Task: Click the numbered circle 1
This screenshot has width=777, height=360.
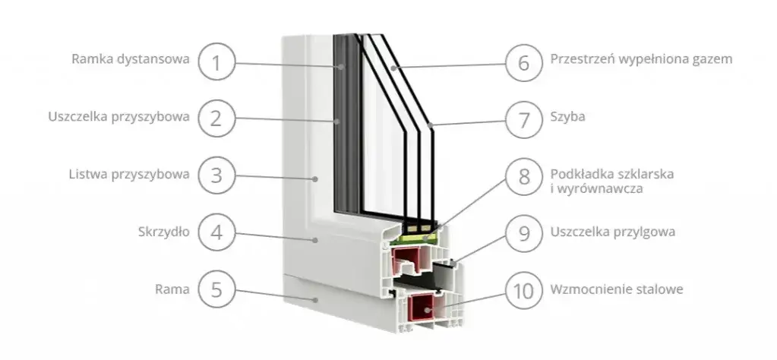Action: pos(216,60)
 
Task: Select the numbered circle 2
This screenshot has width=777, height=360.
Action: pos(216,118)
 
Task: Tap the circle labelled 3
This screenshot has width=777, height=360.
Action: pos(216,175)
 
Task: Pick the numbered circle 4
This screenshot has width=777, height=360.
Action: pos(216,232)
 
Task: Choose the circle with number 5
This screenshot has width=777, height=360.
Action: pos(216,289)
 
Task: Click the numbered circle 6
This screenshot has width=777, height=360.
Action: pos(523,60)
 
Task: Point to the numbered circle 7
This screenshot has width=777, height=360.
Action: pos(523,118)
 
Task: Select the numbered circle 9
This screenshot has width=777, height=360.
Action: pos(523,232)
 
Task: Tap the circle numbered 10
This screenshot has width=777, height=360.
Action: pos(523,290)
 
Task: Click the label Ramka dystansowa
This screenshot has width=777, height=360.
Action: pos(130,59)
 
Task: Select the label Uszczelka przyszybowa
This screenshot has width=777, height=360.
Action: pos(118,118)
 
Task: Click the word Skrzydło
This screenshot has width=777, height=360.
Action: pos(163,232)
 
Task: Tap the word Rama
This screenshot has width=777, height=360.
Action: pos(172,289)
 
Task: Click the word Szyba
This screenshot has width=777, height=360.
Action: pos(567,118)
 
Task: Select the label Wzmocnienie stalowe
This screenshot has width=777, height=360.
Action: pos(616,289)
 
